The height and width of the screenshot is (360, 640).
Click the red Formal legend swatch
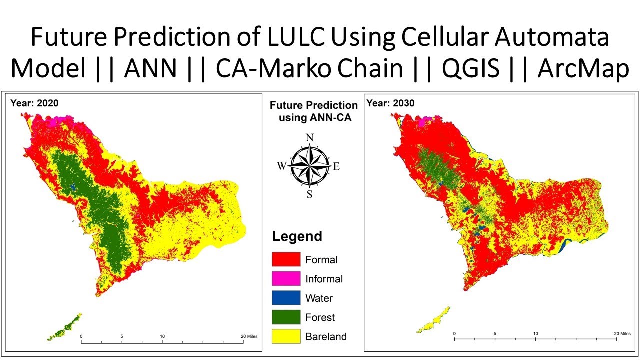[x=286, y=259]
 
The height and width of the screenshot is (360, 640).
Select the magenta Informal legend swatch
[x=286, y=278]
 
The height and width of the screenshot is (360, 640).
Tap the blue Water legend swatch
[x=286, y=298]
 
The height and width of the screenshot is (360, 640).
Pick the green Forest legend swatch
[x=286, y=317]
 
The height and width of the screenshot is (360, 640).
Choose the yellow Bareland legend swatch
[x=286, y=336]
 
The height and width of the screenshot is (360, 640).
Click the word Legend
[x=297, y=236]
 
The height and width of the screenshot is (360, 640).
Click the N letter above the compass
[x=309, y=138]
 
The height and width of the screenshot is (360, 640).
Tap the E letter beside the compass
[x=336, y=167]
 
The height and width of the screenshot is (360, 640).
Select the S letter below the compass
[x=310, y=195]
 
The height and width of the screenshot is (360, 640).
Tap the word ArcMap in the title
[x=583, y=69]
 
